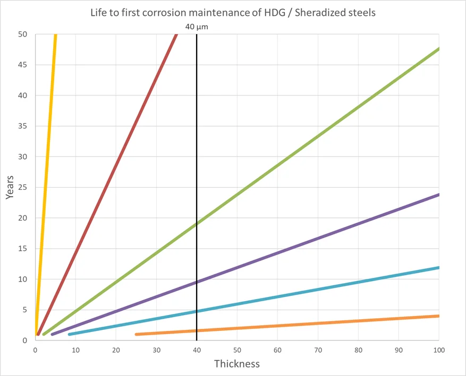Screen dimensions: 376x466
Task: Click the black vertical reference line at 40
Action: click(x=197, y=159)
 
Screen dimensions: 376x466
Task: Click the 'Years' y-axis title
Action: click(x=10, y=187)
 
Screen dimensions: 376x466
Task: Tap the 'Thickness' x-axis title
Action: click(x=237, y=364)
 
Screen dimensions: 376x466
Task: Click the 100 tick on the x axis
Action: click(x=439, y=350)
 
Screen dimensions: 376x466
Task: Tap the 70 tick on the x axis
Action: click(x=318, y=350)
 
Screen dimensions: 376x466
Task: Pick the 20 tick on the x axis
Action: click(x=116, y=350)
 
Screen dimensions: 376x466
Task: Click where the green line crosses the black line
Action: click(x=197, y=224)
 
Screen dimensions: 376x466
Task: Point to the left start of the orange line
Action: click(x=137, y=334)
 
